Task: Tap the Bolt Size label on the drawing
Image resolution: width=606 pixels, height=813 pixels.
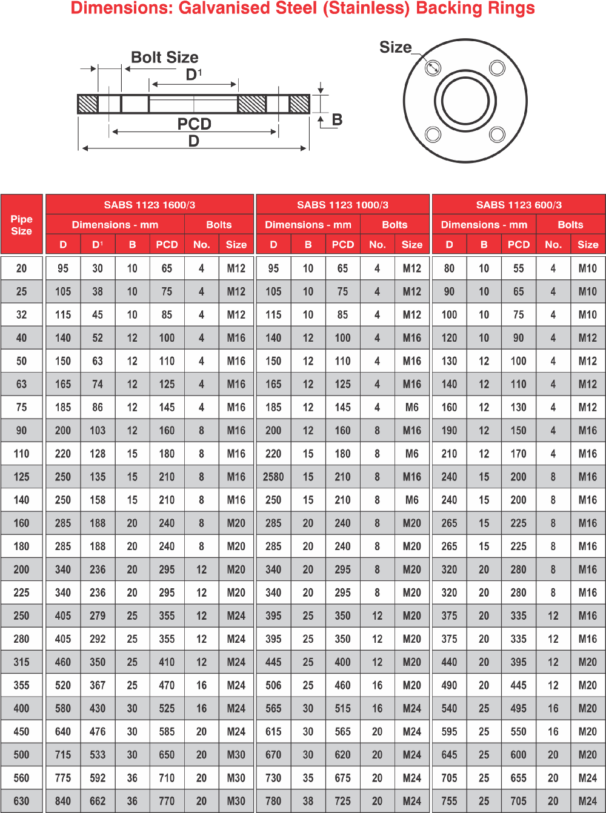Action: (165, 58)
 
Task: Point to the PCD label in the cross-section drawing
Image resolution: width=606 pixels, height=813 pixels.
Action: (194, 124)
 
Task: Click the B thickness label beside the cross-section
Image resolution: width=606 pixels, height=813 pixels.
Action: (337, 120)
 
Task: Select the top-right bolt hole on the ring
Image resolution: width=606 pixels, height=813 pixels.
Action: (498, 68)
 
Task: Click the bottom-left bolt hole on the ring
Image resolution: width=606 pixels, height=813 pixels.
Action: (433, 134)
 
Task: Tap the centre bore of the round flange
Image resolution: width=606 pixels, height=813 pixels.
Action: (465, 101)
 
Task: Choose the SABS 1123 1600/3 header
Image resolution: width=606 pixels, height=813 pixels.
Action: (150, 205)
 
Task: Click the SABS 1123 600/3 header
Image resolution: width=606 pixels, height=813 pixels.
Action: (519, 205)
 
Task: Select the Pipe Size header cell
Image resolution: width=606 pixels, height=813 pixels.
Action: (22, 225)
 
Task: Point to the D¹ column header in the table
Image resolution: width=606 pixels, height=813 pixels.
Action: (98, 245)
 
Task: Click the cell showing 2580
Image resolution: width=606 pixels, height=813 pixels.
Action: (273, 477)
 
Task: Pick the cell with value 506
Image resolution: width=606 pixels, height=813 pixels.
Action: (273, 685)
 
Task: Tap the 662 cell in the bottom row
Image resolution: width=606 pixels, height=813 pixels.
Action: (98, 801)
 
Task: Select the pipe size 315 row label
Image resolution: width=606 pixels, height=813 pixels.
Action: (22, 662)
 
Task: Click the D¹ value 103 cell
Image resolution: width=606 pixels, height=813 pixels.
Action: (98, 431)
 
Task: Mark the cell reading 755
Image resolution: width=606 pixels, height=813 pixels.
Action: (449, 801)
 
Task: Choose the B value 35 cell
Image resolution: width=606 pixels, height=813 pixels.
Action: (308, 778)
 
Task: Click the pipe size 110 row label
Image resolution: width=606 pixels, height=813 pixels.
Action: (22, 454)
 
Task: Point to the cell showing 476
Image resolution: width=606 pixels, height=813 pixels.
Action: (98, 731)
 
